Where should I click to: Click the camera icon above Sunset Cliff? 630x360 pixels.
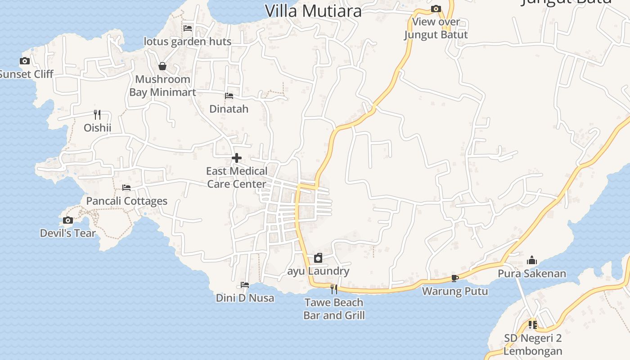tap(25, 61)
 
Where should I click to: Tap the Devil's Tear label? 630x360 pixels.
tap(68, 233)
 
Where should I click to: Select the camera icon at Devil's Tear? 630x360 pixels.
tap(68, 220)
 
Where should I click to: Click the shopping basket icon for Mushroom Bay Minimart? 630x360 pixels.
tap(162, 66)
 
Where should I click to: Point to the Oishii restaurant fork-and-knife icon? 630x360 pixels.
tap(97, 114)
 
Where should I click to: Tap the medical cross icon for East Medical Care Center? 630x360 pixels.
tap(237, 158)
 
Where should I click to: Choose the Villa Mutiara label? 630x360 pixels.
tap(313, 11)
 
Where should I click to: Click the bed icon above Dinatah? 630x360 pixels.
tap(229, 95)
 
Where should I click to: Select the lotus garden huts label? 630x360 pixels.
tap(188, 41)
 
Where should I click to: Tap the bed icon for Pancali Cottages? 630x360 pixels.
tap(126, 187)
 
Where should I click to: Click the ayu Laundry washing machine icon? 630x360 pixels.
tap(318, 258)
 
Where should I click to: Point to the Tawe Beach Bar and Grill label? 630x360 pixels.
tap(334, 309)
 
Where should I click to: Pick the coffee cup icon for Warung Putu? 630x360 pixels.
tap(455, 278)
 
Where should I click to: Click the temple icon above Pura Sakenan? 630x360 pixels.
tap(532, 260)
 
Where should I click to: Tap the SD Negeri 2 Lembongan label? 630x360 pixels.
tap(533, 344)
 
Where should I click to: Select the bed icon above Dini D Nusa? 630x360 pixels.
tap(245, 284)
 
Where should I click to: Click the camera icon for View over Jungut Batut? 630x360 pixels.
tap(436, 9)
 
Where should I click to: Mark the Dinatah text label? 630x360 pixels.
tap(229, 109)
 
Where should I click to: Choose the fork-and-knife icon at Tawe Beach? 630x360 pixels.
tap(334, 289)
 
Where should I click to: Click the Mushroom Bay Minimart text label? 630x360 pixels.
tap(163, 86)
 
